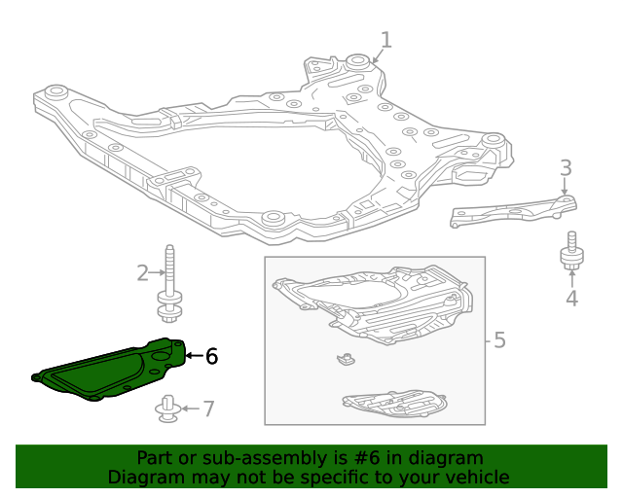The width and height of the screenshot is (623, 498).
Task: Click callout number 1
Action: [386, 41]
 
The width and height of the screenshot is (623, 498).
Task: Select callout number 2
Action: [142, 272]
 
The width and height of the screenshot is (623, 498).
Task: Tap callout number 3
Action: [566, 168]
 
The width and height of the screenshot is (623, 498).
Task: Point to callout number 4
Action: [571, 298]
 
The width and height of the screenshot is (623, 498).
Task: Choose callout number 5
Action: [499, 340]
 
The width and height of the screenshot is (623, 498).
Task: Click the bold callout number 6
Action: [211, 357]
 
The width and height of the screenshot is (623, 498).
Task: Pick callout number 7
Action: [207, 409]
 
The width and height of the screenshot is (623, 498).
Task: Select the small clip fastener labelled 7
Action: [166, 410]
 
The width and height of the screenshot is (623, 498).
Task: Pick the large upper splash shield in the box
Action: [375, 302]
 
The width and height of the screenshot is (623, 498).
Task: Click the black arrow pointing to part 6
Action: [192, 356]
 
